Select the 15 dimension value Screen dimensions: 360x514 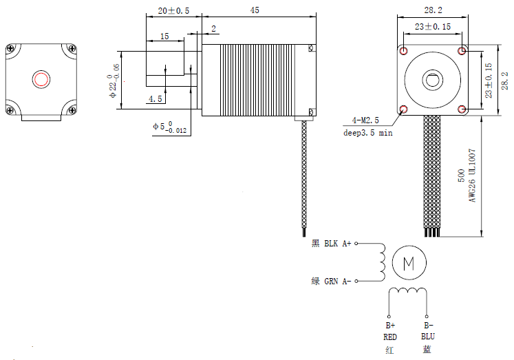pyautogui.click(x=164, y=36)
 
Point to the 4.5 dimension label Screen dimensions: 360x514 pyautogui.click(x=155, y=99)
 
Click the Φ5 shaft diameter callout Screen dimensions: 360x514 pyautogui.click(x=168, y=127)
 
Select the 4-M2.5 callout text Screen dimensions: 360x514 pyautogui.click(x=365, y=120)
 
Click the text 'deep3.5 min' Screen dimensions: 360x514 pyautogui.click(x=367, y=132)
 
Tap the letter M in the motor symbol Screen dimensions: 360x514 pyautogui.click(x=409, y=262)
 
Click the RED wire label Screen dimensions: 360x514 pyautogui.click(x=390, y=337)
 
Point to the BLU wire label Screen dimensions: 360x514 pyautogui.click(x=428, y=337)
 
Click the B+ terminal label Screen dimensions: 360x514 pyautogui.click(x=390, y=325)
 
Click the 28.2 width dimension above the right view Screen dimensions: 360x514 pyautogui.click(x=432, y=10)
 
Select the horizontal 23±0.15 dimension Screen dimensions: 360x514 pyautogui.click(x=432, y=26)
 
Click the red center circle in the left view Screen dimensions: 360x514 pyautogui.click(x=41, y=78)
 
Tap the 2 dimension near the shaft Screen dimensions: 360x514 pyautogui.click(x=214, y=29)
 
